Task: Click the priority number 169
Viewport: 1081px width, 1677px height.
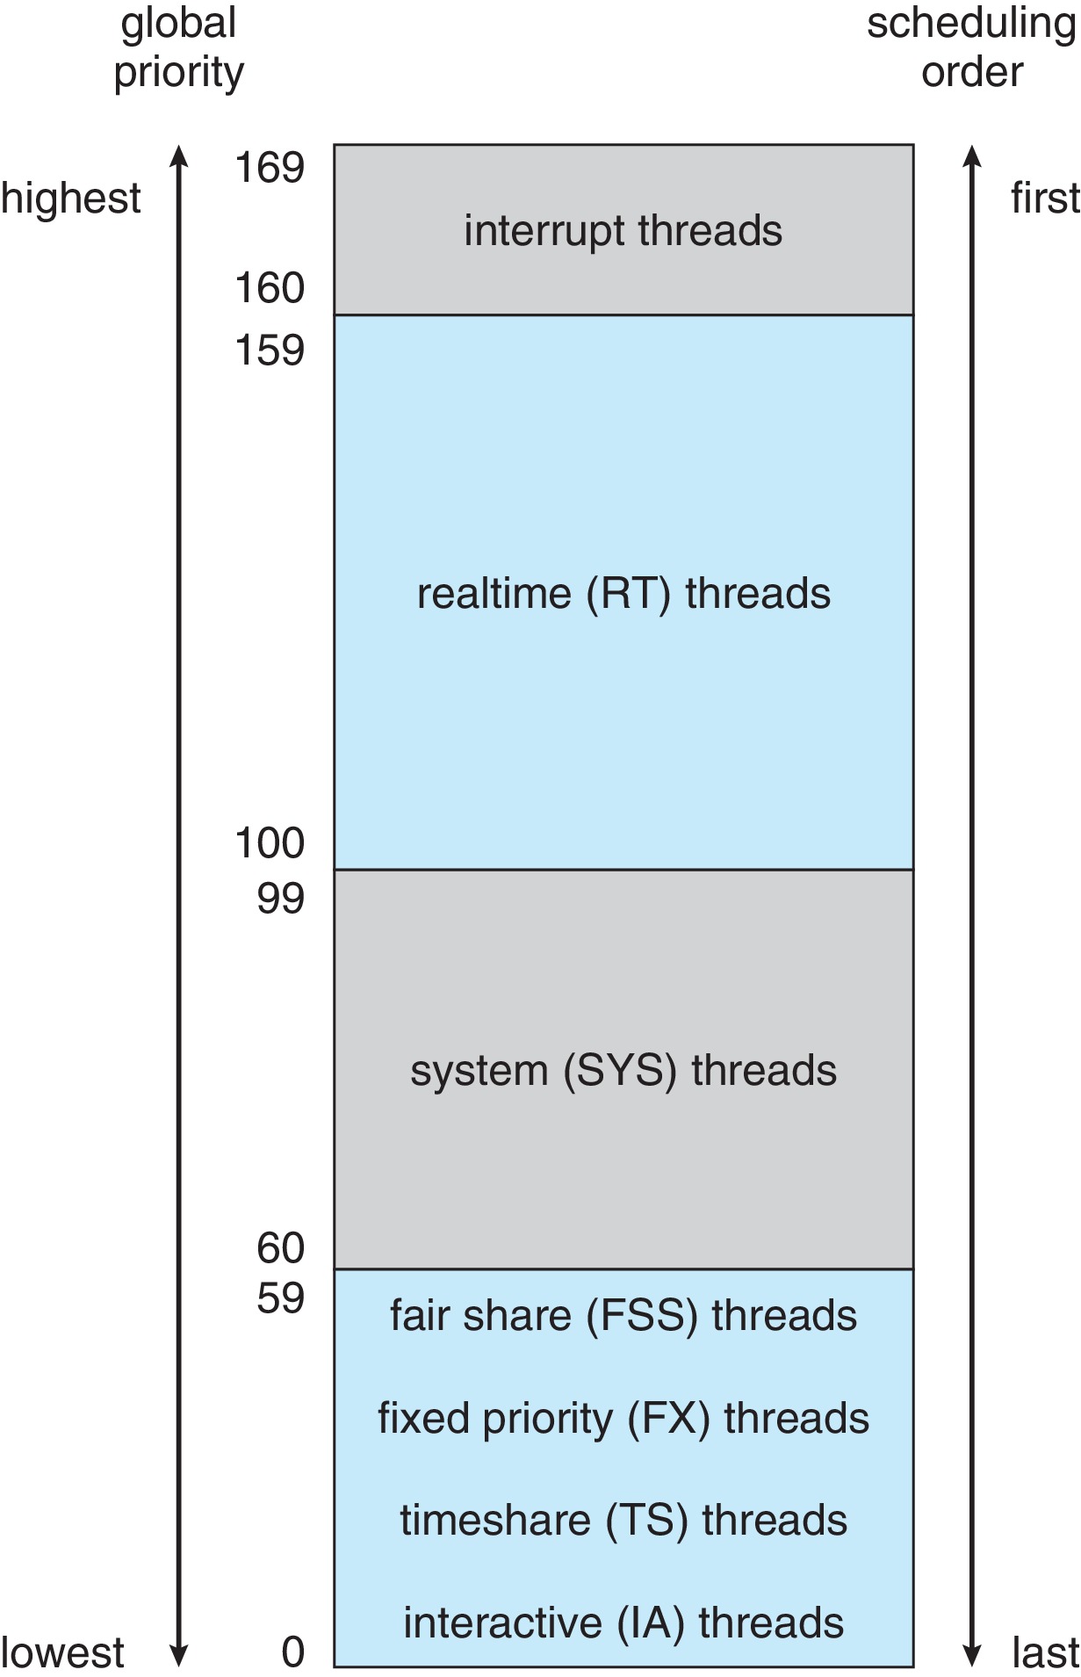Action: (x=269, y=167)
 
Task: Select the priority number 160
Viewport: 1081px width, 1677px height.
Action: (x=269, y=288)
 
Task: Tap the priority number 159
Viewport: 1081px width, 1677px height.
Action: (x=269, y=351)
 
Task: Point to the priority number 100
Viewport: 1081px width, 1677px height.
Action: (x=269, y=843)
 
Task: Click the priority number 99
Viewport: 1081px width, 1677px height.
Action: (x=280, y=899)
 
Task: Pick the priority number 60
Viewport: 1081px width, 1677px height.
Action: (x=280, y=1248)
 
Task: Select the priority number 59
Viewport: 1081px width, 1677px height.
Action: (x=280, y=1298)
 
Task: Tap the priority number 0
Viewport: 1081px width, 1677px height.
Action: (x=292, y=1652)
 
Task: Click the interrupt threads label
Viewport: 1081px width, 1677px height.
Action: (x=623, y=231)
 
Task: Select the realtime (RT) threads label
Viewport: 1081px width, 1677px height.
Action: (x=623, y=594)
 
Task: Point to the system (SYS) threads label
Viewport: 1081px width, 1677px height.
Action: (x=623, y=1071)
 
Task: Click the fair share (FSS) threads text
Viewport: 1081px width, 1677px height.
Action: (x=623, y=1316)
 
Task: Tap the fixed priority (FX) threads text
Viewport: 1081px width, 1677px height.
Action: (x=623, y=1419)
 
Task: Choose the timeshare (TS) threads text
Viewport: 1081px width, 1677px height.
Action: (x=623, y=1521)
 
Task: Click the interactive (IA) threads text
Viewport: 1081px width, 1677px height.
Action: (x=623, y=1623)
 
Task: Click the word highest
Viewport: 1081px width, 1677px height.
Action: (x=70, y=199)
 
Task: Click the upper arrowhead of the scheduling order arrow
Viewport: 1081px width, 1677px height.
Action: (x=971, y=156)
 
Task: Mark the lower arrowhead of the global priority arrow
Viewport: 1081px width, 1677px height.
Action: (x=178, y=1655)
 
